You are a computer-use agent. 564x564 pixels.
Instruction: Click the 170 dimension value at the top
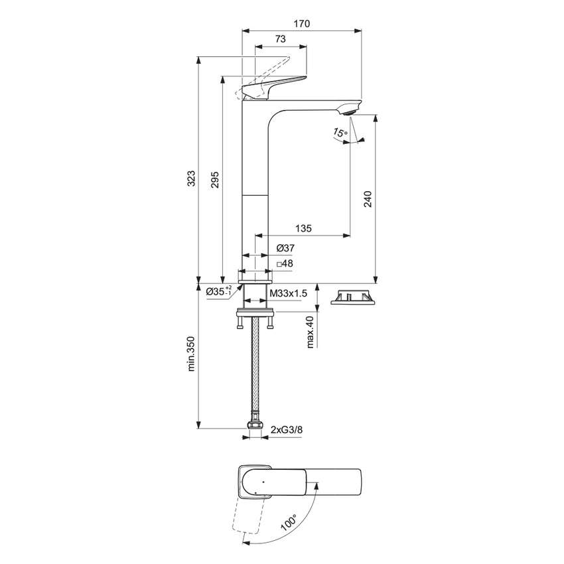[x=302, y=23]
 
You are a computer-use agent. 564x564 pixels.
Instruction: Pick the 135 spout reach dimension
[x=303, y=228]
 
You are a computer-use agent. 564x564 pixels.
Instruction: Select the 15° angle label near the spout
[x=340, y=133]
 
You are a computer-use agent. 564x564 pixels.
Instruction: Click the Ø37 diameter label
[x=285, y=247]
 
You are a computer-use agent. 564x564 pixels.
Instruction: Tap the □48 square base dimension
[x=285, y=263]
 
